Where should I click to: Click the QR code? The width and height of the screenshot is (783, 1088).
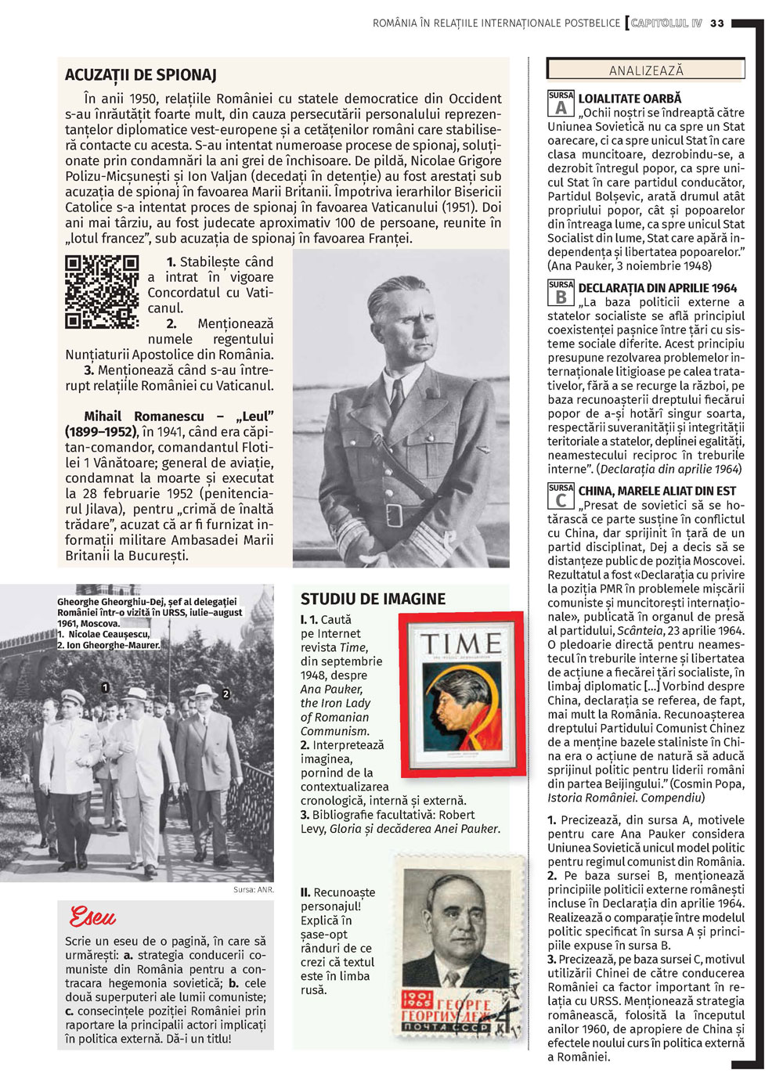point(102,292)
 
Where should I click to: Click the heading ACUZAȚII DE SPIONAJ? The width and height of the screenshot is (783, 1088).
point(141,75)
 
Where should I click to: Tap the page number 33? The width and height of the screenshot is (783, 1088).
point(717,23)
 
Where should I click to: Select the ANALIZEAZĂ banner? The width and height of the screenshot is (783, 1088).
point(646,70)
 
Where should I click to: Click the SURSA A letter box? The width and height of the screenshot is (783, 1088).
point(561,104)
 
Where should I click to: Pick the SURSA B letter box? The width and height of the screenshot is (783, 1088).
point(561,294)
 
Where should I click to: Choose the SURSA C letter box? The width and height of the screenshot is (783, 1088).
point(561,496)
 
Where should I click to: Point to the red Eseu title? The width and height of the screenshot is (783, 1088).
point(92,917)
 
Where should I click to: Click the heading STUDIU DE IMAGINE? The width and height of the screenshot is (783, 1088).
point(373,599)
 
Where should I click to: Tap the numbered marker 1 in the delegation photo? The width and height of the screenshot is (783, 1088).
point(105,687)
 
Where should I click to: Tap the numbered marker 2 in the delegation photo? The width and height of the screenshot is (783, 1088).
point(226,694)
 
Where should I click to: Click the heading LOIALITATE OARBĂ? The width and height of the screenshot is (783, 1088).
point(630,99)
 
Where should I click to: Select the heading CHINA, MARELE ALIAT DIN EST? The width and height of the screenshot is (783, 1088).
point(657,491)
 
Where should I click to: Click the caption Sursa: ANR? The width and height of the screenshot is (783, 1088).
point(253,890)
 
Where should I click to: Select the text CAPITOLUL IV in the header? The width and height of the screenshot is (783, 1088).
point(666,23)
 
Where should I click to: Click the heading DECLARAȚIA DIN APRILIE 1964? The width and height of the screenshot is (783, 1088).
point(657,288)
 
